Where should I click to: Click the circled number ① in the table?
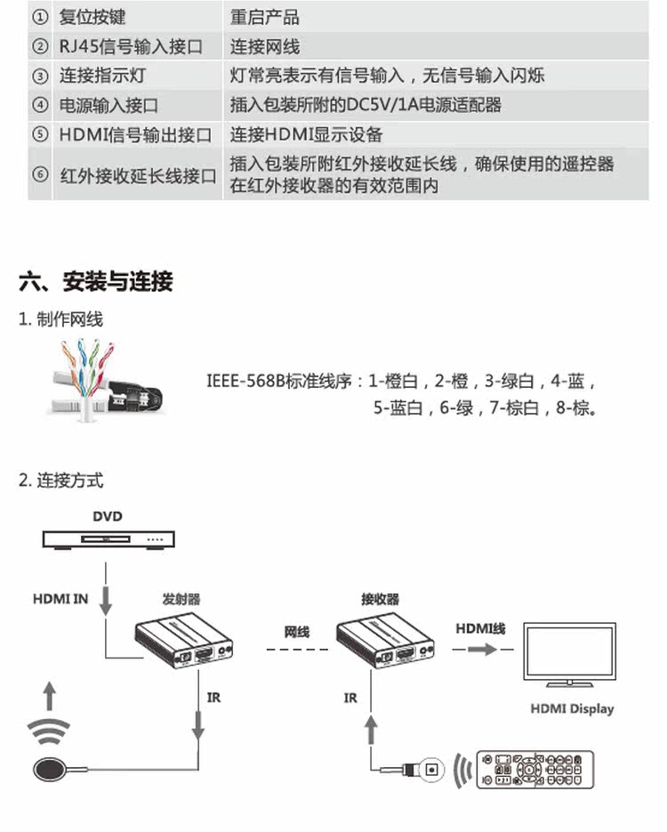click(40, 18)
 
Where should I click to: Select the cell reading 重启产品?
click(264, 18)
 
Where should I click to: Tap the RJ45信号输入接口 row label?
click(131, 46)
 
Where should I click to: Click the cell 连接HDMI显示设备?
click(306, 134)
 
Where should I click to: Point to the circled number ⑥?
click(40, 174)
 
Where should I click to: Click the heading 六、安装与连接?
click(96, 282)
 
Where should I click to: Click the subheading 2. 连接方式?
click(60, 481)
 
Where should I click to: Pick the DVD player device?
click(108, 538)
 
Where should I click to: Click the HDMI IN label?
click(60, 598)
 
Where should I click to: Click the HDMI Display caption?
click(572, 709)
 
